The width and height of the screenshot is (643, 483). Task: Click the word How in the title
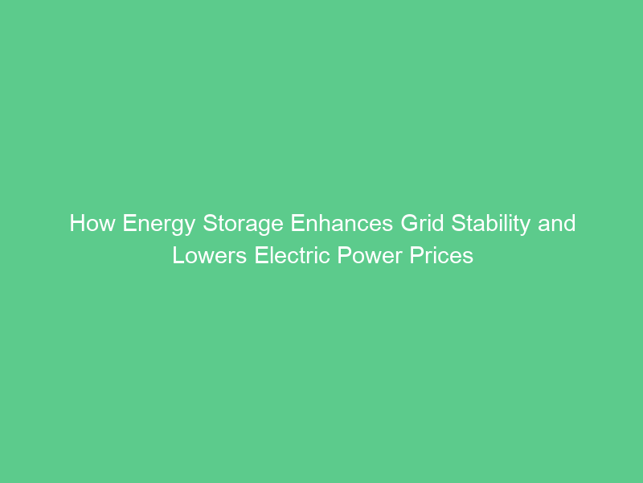click(x=92, y=223)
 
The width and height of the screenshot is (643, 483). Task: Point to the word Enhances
click(x=342, y=223)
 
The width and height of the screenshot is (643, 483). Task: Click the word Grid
click(x=420, y=223)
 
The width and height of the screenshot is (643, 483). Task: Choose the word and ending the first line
click(x=557, y=223)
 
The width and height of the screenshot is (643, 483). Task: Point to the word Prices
click(x=442, y=255)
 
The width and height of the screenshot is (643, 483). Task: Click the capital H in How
click(x=77, y=223)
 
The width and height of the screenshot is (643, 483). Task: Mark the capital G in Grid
click(x=408, y=223)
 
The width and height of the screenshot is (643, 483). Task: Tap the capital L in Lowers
click(x=178, y=255)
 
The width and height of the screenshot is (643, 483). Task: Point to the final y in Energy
click(x=189, y=226)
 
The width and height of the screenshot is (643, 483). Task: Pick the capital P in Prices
click(x=417, y=255)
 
